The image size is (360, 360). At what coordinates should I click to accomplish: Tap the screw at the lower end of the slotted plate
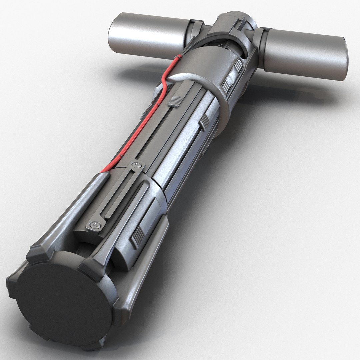tap(95, 226)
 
